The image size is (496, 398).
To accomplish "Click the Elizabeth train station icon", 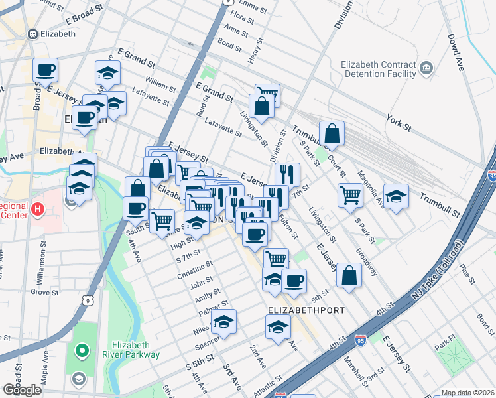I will (32, 34).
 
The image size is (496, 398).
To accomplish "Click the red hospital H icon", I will (38, 210).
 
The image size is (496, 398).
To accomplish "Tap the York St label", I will (399, 124).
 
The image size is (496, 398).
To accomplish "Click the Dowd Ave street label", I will (456, 53).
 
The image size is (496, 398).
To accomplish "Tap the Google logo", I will (22, 390).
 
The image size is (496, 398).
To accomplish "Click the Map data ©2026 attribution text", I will (467, 393).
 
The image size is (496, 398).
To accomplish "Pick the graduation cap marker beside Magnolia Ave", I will (396, 197).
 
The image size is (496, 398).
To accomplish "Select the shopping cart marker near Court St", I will (349, 194).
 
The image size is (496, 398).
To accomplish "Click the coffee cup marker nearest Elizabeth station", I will (45, 70).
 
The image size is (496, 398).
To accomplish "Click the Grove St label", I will (44, 292).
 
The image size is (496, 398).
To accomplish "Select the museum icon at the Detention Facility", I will (426, 68).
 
